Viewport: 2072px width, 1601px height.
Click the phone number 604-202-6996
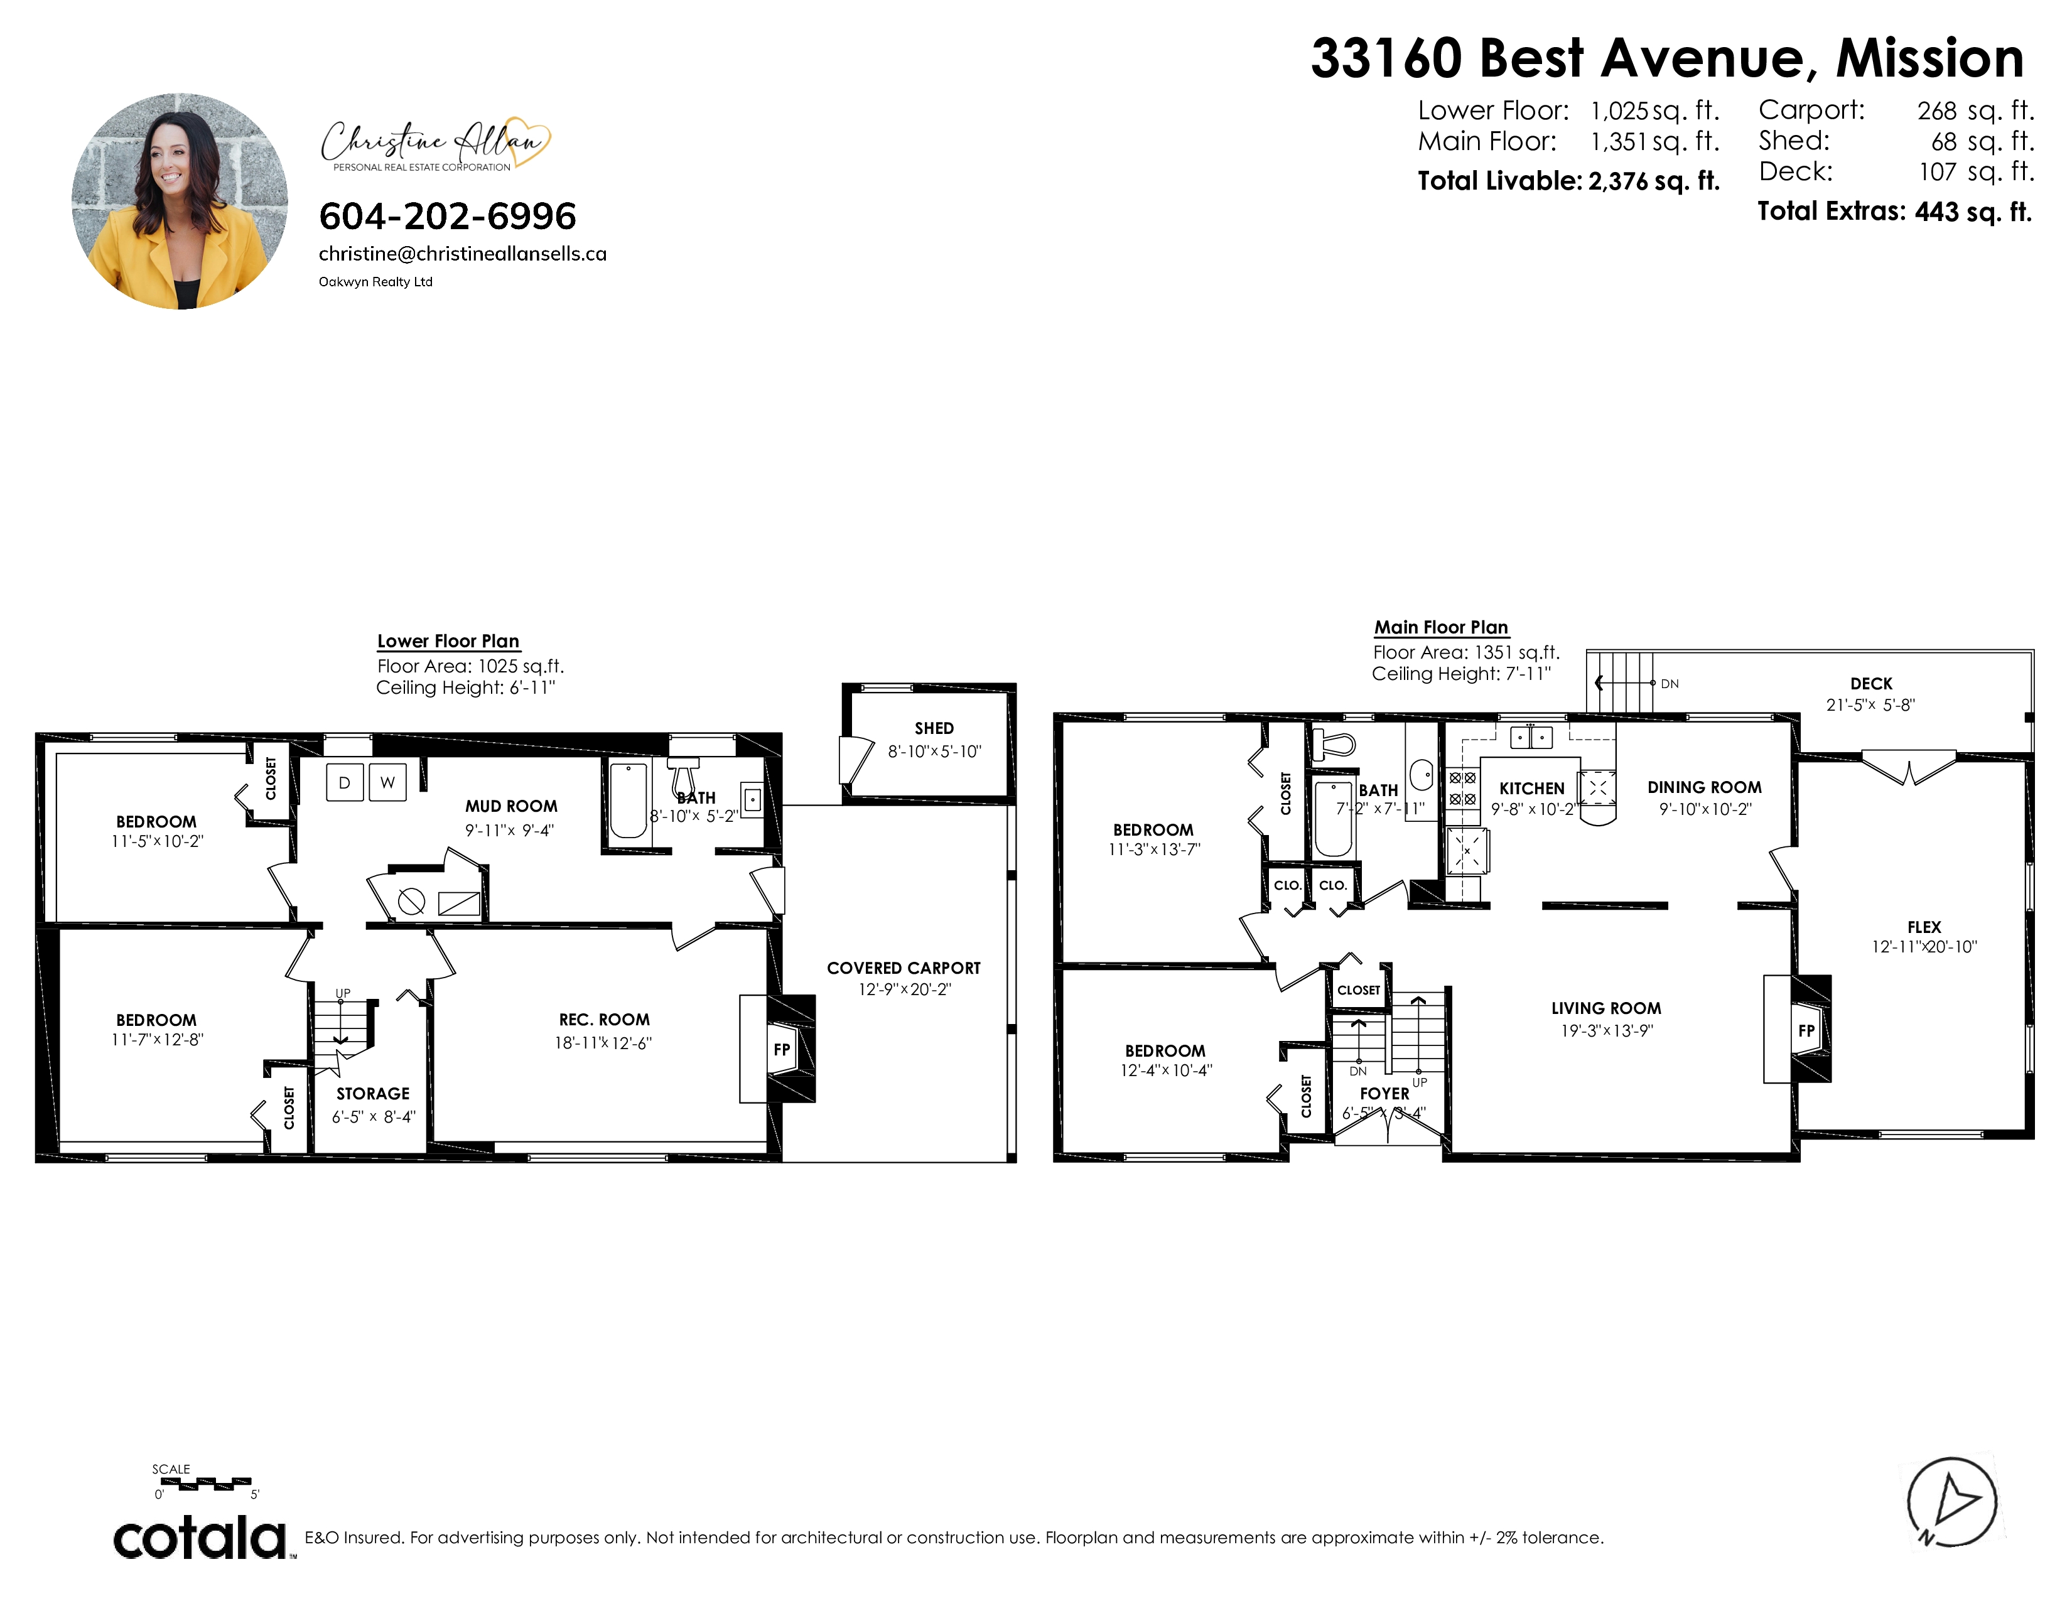click(448, 216)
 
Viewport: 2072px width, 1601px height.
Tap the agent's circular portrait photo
click(180, 201)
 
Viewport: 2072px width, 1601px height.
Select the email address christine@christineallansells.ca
click(463, 254)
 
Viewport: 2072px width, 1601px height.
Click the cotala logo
click(201, 1538)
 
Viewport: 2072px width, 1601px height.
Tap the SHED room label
click(934, 728)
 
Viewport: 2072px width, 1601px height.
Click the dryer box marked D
click(344, 782)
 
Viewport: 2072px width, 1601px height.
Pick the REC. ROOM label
click(604, 1020)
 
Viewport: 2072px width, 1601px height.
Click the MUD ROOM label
click(511, 806)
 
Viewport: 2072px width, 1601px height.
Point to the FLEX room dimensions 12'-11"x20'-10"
click(1924, 947)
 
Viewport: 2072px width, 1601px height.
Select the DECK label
click(1871, 684)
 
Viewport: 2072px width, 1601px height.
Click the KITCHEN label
click(1532, 788)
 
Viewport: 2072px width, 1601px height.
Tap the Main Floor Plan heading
click(1441, 627)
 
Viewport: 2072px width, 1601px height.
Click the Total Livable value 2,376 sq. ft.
click(1654, 181)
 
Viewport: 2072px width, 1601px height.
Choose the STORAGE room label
click(373, 1094)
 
